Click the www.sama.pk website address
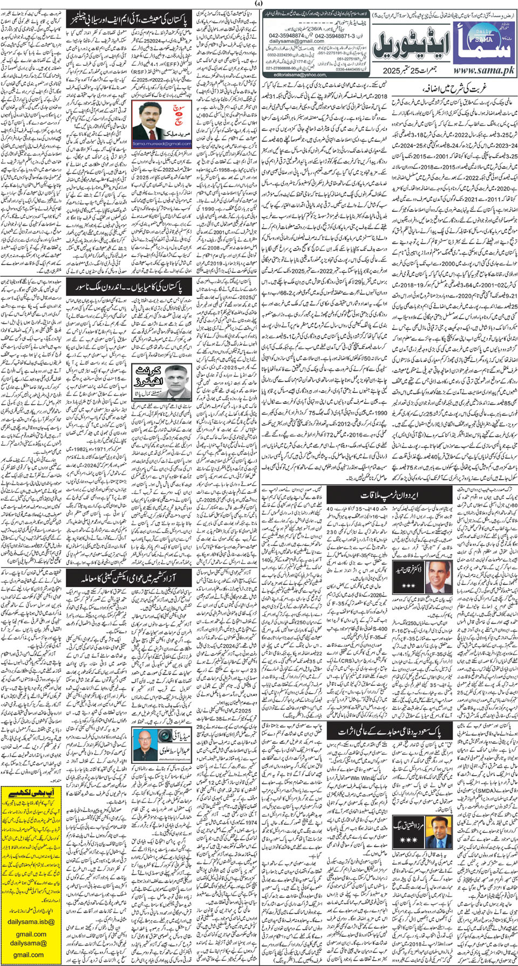(483, 71)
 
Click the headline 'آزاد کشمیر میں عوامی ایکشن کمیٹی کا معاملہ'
(129, 578)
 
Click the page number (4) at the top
(258, 4)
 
